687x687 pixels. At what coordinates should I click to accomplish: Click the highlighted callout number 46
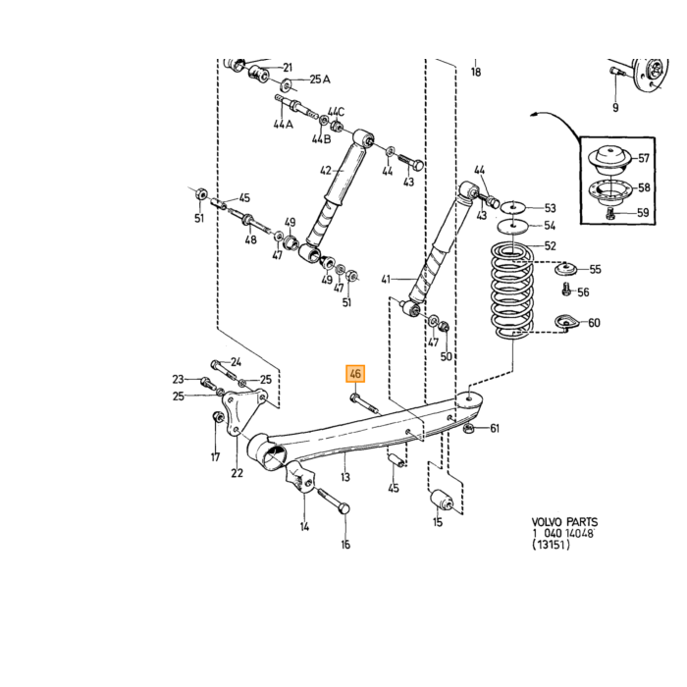(x=355, y=374)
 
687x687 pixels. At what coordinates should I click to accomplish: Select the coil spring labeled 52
(x=511, y=291)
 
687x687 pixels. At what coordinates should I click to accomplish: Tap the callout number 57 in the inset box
(x=643, y=158)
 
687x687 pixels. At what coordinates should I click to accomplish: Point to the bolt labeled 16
(x=333, y=501)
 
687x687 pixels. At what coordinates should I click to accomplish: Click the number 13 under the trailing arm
(x=345, y=476)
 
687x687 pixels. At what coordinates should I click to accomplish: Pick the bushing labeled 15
(x=442, y=500)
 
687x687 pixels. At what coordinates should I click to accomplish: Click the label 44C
(x=336, y=112)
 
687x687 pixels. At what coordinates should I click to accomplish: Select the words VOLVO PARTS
(x=564, y=522)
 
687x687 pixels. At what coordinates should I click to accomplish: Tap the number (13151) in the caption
(x=552, y=545)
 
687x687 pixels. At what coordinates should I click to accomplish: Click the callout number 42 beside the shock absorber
(x=326, y=170)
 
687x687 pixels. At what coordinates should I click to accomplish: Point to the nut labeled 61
(x=468, y=428)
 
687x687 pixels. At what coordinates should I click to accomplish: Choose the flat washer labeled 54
(x=510, y=227)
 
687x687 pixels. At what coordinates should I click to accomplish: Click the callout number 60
(x=594, y=323)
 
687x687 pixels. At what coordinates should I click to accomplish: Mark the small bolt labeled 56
(x=566, y=290)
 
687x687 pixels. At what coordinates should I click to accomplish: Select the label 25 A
(x=320, y=79)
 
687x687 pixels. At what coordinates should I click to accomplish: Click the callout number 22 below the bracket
(x=238, y=473)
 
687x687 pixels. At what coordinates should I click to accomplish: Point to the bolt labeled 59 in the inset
(x=610, y=214)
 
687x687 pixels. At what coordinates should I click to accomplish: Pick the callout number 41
(x=386, y=279)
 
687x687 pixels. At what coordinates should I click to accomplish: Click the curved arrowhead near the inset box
(x=534, y=115)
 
